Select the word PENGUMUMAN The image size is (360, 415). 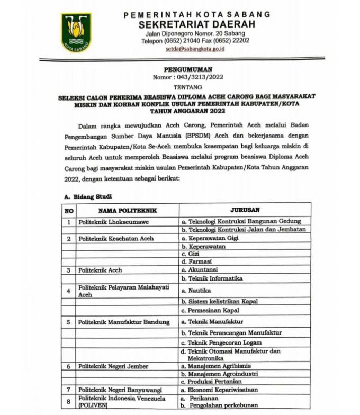pos(188,69)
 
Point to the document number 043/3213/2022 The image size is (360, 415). pos(197,77)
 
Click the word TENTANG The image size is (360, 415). pos(188,86)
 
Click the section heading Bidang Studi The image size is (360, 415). pos(89,196)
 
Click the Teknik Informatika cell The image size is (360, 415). pos(212,278)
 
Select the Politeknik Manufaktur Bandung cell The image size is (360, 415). pos(124,322)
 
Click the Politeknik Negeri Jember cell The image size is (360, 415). pos(113,366)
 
